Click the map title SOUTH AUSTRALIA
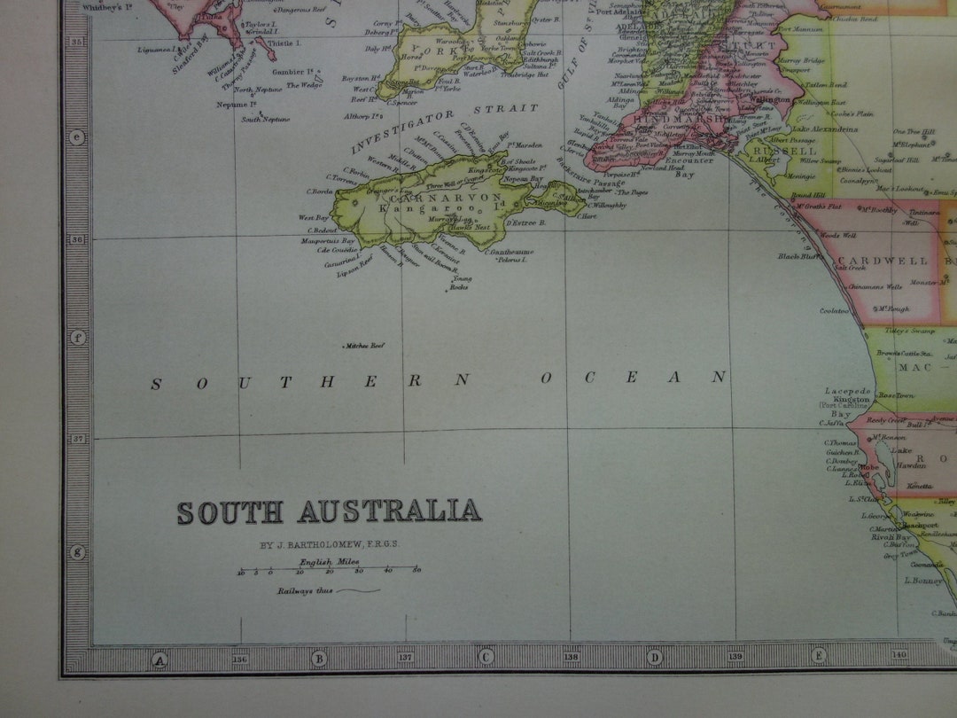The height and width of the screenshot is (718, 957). (x=329, y=512)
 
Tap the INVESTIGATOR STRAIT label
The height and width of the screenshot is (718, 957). (x=444, y=129)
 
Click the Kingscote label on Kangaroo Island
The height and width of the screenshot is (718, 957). (x=485, y=168)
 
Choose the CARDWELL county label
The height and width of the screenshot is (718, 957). (x=882, y=261)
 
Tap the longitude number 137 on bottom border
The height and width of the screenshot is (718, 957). (x=406, y=658)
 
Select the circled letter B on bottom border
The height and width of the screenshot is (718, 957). (x=318, y=659)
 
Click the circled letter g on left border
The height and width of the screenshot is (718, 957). (x=77, y=551)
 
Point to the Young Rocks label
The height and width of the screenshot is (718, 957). (x=459, y=283)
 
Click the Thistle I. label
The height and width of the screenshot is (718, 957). (x=284, y=43)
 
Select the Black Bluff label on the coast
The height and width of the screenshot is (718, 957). (x=796, y=256)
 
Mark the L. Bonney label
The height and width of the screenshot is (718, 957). (x=922, y=581)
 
